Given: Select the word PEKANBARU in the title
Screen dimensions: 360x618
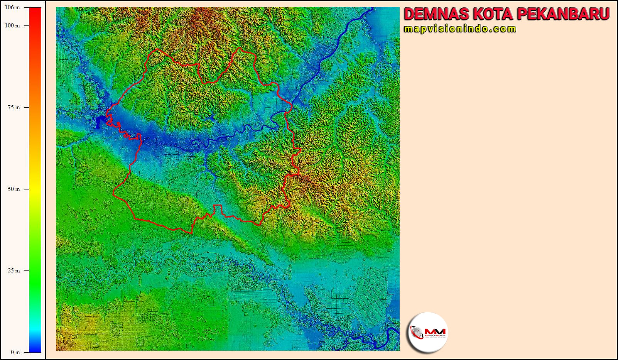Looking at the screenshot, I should (563, 14).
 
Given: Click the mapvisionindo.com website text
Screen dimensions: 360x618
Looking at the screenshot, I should (460, 29).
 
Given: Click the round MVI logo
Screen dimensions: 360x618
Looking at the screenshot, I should (428, 333).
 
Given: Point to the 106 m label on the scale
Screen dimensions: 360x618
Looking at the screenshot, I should (13, 8).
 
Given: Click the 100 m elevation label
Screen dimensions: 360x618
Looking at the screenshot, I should (13, 25).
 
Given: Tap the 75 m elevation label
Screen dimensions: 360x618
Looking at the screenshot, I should (14, 107).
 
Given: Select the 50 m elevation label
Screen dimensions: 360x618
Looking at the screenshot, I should (14, 189).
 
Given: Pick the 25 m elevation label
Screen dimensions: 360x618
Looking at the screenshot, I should (14, 270).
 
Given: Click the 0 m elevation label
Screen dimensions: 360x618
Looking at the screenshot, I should (15, 352).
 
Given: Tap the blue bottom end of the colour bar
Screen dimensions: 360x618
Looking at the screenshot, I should (35, 349).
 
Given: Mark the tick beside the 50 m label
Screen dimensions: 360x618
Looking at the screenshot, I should (27, 189).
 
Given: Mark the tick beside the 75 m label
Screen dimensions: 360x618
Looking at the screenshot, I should (27, 107).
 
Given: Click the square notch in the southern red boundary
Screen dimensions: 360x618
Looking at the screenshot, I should (218, 208).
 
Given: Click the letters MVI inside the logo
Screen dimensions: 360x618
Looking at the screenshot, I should (435, 331).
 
